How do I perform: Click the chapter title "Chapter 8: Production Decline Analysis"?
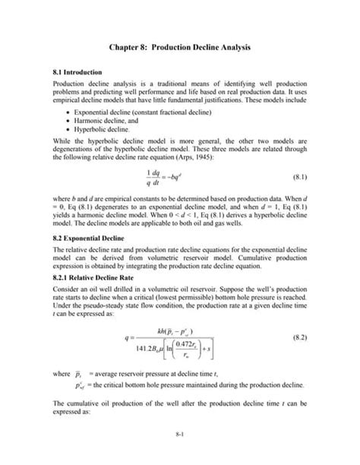(x=179, y=47)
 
